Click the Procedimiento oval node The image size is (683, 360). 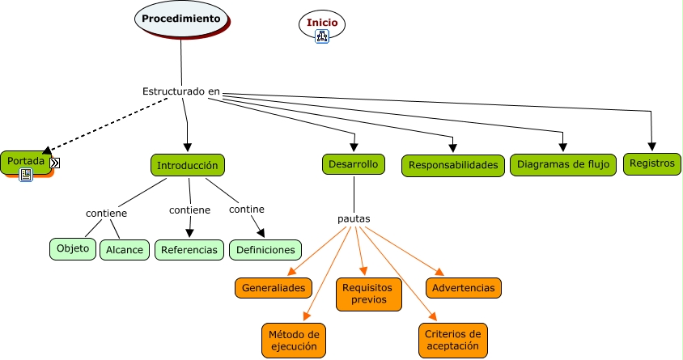pos(180,19)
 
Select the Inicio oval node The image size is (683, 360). pos(322,23)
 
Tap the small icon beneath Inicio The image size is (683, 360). pos(322,36)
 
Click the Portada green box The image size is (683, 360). pos(24,161)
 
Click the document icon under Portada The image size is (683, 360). pos(26,175)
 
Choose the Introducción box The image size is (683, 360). pos(188,165)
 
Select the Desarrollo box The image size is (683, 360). pos(353,164)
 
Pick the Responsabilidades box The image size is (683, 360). pos(452,166)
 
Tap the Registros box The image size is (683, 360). pos(651,163)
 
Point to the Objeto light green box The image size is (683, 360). pos(73,248)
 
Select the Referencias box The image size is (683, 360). pos(189,250)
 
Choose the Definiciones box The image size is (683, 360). pos(265,250)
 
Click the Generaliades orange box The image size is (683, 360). pos(274,288)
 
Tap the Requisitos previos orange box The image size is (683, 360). pos(367,294)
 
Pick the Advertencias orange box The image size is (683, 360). pos(464,288)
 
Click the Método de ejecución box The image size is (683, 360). pos(294,340)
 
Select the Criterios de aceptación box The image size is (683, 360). pos(453,340)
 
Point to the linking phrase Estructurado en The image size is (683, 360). pos(181,91)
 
